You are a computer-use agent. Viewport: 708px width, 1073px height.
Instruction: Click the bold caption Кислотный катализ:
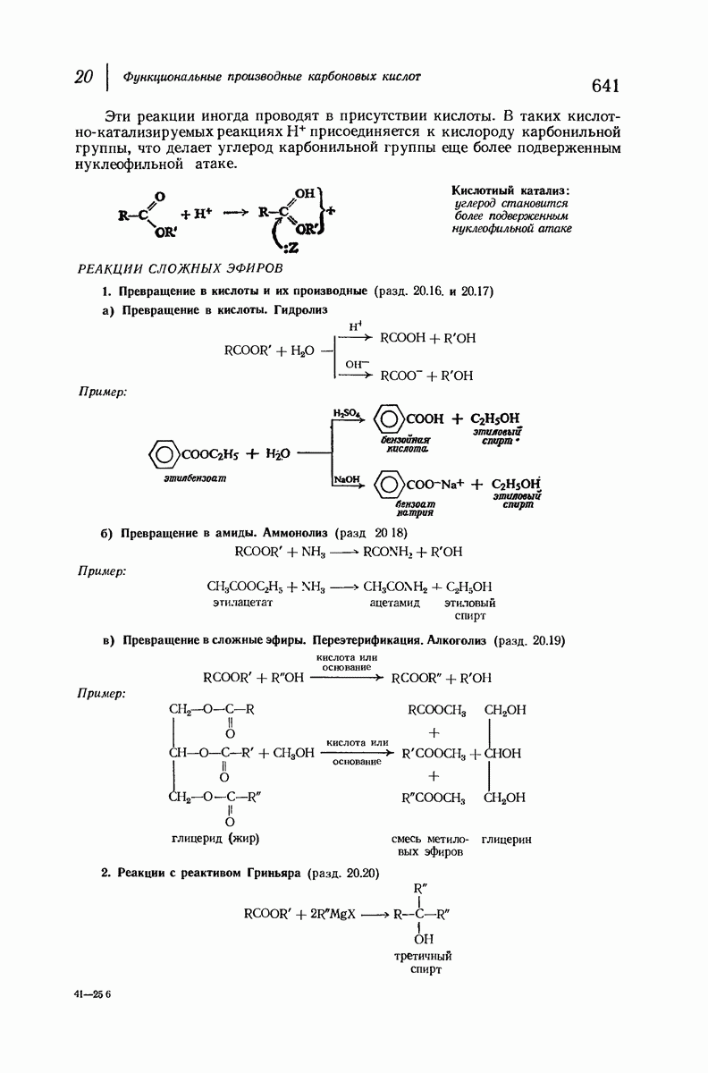511,190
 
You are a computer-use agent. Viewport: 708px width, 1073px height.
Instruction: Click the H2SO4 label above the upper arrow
346,413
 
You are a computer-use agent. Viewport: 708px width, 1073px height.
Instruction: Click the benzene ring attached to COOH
388,418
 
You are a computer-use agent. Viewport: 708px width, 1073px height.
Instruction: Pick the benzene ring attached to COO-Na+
388,486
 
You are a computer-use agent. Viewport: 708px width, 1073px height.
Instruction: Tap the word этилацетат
242,604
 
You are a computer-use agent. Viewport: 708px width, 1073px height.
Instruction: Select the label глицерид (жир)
221,839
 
